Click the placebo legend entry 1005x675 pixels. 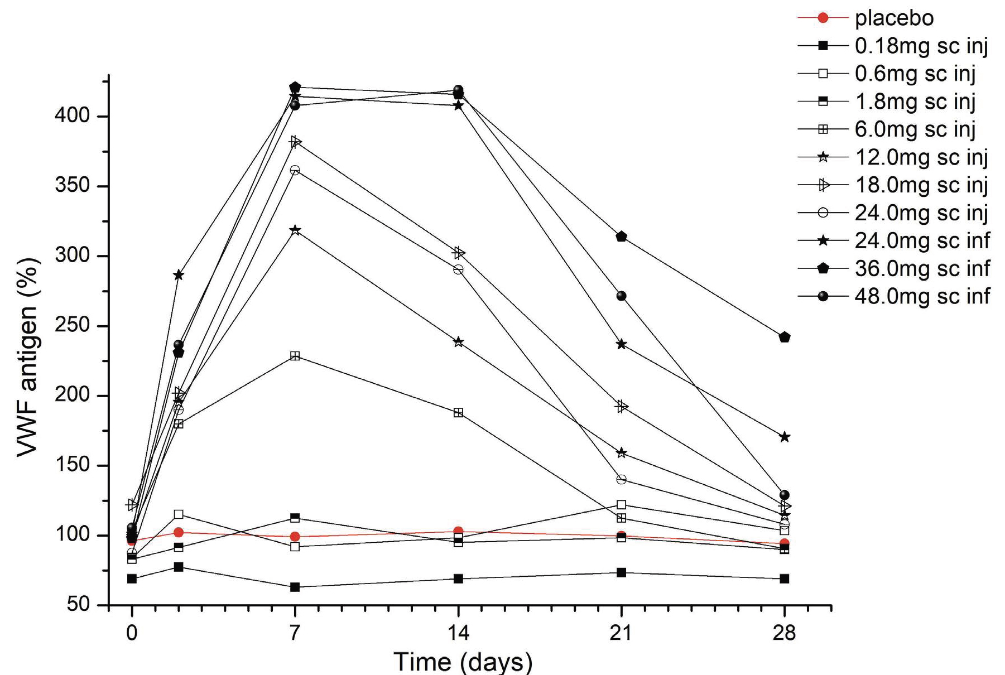893,18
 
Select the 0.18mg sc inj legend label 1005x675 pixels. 921,46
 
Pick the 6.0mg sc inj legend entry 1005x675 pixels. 915,129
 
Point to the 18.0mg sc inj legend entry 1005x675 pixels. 921,185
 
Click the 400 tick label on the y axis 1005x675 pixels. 72,116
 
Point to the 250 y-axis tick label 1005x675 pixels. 72,326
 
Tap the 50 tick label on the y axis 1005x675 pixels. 78,605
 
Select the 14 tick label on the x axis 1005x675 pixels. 458,633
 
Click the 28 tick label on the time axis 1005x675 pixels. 784,633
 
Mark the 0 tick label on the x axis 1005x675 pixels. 132,633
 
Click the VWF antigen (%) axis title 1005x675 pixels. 27,357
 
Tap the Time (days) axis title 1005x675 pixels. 463,662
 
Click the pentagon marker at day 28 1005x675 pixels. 784,337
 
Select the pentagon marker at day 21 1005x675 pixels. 621,237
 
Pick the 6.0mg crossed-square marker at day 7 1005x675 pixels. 295,356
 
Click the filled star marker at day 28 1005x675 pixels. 784,437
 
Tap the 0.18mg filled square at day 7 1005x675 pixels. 295,587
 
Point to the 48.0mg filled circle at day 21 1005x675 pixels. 621,296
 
